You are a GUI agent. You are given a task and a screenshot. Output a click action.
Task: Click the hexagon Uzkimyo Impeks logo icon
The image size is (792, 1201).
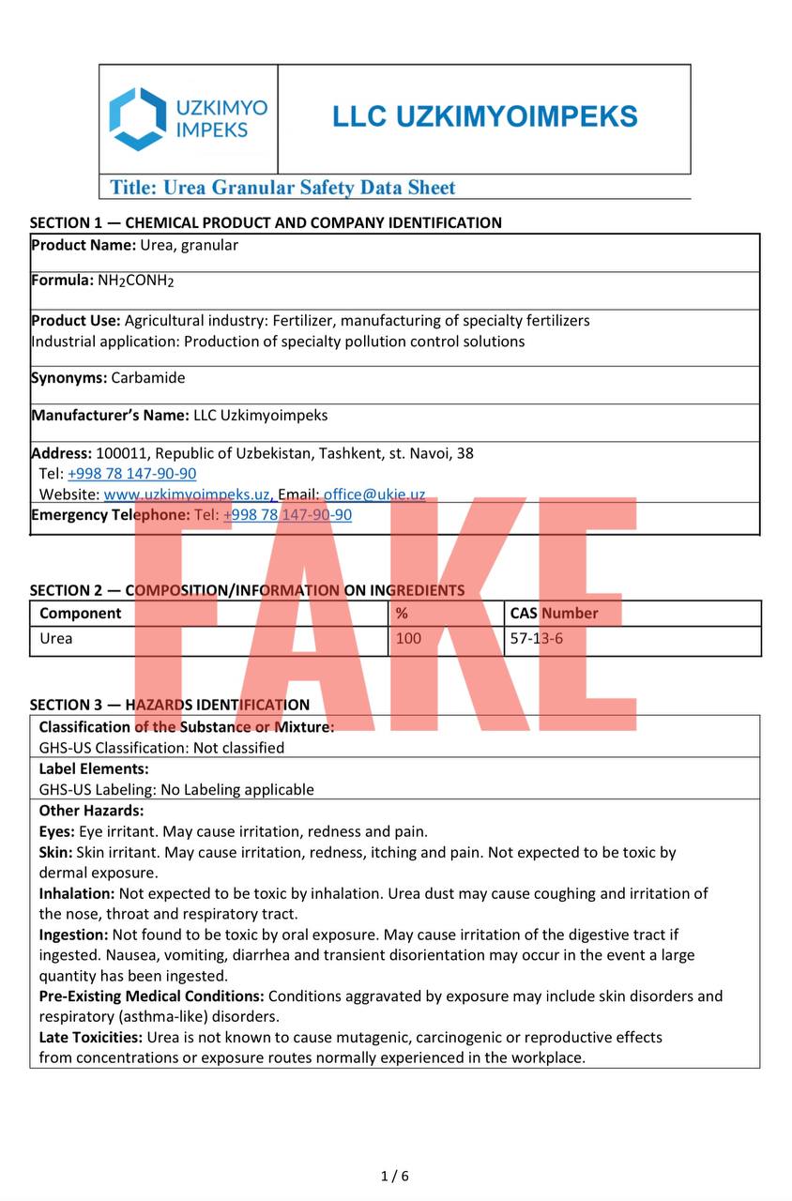point(137,119)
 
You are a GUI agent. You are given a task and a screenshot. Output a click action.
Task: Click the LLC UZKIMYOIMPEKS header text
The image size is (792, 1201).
point(484,117)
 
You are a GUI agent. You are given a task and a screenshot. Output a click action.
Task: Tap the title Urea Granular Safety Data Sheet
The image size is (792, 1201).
point(282,188)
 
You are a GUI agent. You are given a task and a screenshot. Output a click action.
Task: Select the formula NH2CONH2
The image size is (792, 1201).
point(136,281)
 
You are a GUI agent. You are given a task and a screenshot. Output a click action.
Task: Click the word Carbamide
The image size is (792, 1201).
point(148,378)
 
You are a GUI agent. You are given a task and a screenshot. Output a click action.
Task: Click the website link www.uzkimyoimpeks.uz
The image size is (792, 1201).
point(187,494)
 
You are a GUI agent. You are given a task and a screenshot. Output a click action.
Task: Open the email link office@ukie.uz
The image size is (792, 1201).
point(374,494)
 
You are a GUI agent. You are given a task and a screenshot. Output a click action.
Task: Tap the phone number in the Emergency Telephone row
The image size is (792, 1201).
point(288,515)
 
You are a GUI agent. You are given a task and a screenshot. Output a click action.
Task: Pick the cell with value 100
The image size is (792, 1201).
point(408,639)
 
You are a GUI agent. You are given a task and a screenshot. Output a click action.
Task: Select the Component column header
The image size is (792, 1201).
point(81,614)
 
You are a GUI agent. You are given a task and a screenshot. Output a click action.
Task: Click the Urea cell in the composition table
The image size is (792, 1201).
point(56,639)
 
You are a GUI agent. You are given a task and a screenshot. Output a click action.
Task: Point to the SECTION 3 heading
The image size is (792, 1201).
point(170,705)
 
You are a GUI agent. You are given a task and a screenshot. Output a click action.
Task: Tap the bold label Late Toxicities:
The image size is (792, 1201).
point(91,1038)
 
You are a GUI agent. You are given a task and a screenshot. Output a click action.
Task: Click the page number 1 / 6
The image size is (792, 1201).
point(395,1177)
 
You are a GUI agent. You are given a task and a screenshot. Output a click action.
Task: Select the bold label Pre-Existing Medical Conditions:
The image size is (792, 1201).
point(151,996)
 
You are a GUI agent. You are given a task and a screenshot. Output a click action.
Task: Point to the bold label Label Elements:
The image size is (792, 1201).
point(94,769)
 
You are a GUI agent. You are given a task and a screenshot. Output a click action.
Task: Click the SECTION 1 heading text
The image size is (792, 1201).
point(266,223)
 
